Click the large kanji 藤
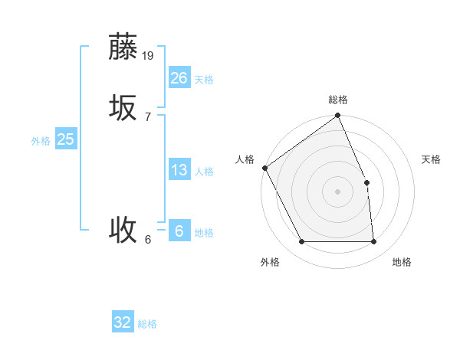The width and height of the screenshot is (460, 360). coord(123,47)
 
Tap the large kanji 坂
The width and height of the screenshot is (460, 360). coord(123,108)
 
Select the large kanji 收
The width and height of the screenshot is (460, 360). coord(123,229)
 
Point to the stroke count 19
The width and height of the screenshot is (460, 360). coord(148,55)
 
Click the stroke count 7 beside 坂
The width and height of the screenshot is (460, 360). coord(148,116)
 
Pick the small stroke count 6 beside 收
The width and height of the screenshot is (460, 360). coord(148,239)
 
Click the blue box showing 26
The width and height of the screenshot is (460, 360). coord(179,77)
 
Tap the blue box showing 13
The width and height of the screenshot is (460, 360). coord(179,170)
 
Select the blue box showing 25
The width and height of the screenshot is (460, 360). coord(65,139)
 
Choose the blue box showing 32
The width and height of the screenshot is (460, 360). coord(123,322)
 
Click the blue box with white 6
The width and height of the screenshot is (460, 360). coord(179,231)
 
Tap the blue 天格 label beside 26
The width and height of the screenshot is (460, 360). coord(204,79)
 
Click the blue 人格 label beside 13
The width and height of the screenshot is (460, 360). coord(204,172)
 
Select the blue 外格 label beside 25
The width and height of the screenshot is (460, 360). coord(41,141)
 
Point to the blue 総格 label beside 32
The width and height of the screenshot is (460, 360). coord(147,324)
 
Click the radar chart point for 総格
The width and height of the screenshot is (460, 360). coord(337,116)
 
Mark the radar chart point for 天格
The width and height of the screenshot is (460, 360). coord(366,182)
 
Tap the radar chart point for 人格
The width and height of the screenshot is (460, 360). coord(264,168)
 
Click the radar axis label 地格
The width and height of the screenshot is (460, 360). coord(402,263)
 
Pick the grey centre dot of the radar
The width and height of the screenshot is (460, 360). coord(337,191)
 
